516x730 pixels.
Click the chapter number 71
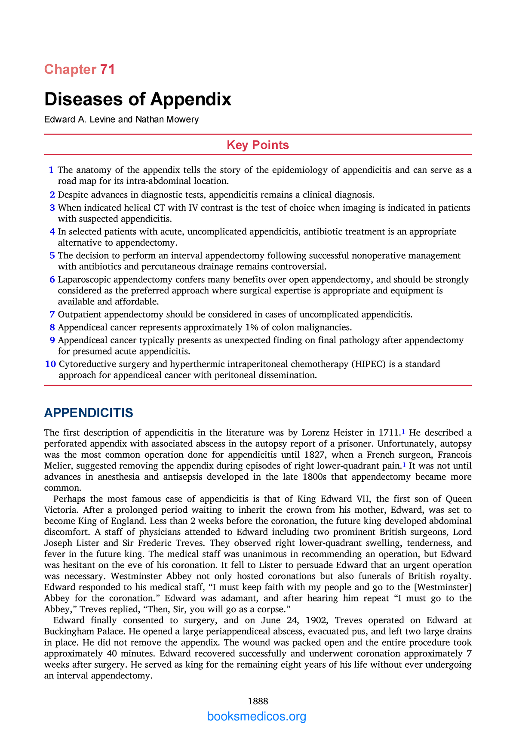107,69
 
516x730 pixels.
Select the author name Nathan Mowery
167,120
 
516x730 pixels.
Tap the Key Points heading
258,145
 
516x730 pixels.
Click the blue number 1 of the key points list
51,170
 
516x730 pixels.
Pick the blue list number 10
50,364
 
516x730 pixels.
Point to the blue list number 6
52,280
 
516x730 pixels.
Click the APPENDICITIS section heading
89,413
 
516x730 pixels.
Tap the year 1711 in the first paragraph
389,433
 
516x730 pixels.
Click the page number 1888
258,702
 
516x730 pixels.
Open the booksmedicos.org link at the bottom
257,717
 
